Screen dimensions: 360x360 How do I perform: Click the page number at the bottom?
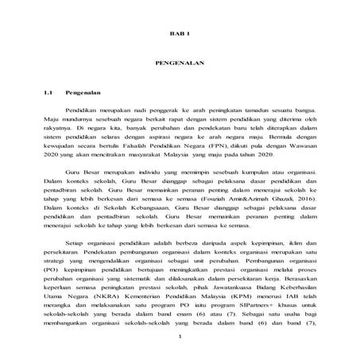point(180,357)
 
